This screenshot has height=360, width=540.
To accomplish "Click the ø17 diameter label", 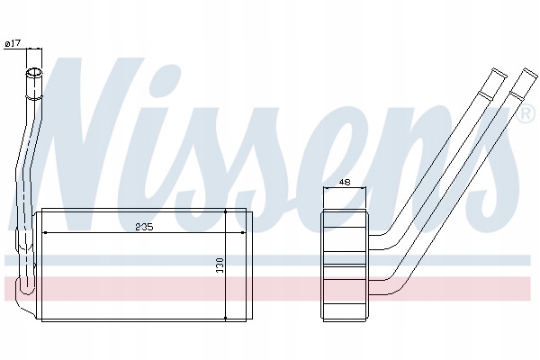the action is pyautogui.click(x=13, y=43).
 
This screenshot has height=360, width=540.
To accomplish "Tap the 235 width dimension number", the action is pyautogui.click(x=144, y=227).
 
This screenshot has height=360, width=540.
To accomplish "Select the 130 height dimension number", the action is pyautogui.click(x=220, y=265).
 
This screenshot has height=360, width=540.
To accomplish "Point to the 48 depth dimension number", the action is pyautogui.click(x=345, y=182).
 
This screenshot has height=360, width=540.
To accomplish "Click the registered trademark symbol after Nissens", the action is pyautogui.click(x=526, y=114).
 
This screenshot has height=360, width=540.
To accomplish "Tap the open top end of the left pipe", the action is pyautogui.click(x=34, y=72).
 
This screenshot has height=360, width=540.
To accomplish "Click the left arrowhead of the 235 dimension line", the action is pyautogui.click(x=44, y=233).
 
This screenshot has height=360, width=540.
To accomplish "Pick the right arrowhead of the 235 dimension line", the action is pyautogui.click(x=242, y=233).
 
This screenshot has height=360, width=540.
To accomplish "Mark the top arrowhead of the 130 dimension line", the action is pyautogui.click(x=225, y=211).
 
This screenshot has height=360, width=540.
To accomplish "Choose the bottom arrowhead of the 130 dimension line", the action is pyautogui.click(x=225, y=319).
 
